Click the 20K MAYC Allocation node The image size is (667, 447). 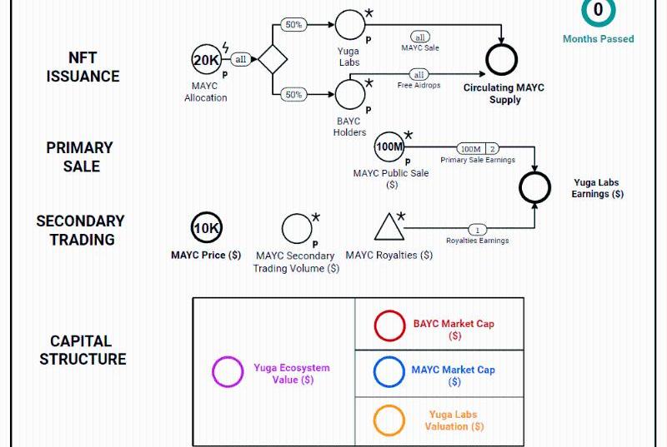(206, 60)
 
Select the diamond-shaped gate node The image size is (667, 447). (273, 60)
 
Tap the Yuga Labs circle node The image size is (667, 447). (349, 24)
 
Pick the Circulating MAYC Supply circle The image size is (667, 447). (502, 59)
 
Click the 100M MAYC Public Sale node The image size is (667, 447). (389, 147)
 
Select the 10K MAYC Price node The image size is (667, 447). (207, 228)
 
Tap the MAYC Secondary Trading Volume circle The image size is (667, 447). (296, 228)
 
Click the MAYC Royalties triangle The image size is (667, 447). (389, 228)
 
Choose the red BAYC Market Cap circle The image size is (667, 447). (389, 325)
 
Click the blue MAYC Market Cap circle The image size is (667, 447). (389, 372)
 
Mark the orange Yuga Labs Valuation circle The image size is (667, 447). (389, 420)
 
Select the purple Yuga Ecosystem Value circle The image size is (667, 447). (228, 372)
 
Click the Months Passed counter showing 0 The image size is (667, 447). (598, 12)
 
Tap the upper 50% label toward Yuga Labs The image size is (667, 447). (293, 25)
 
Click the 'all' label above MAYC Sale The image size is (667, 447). (421, 37)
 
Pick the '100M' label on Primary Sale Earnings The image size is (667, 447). (471, 149)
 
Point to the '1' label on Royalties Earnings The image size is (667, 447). (477, 229)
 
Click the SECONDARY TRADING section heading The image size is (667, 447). (81, 231)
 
